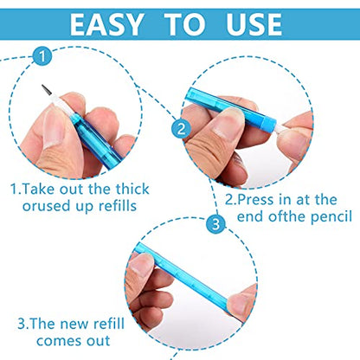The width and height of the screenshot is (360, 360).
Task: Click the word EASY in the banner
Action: click(x=106, y=24)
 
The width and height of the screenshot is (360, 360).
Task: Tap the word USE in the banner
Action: click(x=254, y=24)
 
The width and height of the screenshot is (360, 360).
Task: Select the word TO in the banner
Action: click(x=185, y=24)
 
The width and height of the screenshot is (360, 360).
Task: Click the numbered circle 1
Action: click(x=42, y=56)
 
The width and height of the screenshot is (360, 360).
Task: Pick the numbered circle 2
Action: click(x=181, y=129)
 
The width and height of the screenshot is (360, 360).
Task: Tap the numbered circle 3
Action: click(x=215, y=224)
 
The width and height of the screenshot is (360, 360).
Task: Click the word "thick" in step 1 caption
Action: click(x=132, y=190)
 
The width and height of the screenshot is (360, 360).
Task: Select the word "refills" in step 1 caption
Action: click(x=118, y=206)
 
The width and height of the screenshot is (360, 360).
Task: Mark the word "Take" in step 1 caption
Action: click(x=38, y=190)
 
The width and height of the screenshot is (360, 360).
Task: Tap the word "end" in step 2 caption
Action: click(x=250, y=217)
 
